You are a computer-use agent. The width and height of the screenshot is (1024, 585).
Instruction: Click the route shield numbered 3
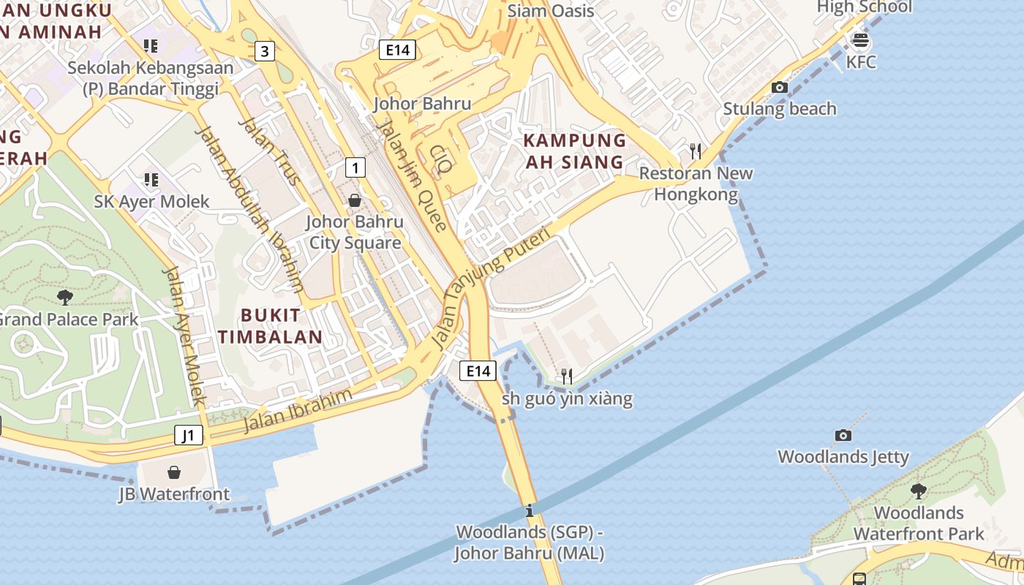point(265,51)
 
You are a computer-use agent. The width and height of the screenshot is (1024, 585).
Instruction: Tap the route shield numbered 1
point(355,168)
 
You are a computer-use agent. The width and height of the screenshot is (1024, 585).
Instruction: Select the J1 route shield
point(189,436)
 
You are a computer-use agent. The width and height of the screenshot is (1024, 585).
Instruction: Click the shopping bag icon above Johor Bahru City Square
point(355,200)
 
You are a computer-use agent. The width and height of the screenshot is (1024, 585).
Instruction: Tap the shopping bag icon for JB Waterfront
point(174,472)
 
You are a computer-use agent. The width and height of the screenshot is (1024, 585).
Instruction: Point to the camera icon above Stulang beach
point(780,88)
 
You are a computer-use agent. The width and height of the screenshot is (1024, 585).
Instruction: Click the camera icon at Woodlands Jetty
point(843,435)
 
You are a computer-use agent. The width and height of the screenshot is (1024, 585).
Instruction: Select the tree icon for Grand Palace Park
point(65,297)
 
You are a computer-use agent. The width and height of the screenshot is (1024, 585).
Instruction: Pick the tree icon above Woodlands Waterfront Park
point(919,491)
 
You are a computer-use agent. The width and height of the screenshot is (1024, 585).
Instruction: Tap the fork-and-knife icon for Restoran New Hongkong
point(696,151)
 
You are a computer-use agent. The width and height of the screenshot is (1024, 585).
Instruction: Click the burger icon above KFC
point(861,39)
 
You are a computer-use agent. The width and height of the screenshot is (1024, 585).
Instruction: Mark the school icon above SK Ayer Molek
point(151,179)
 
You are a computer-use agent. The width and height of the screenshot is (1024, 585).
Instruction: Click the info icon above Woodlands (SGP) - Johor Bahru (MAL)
point(530,510)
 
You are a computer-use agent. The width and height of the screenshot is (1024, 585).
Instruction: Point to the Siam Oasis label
point(551,11)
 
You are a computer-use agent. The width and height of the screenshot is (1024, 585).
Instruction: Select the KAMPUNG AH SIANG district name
point(576,151)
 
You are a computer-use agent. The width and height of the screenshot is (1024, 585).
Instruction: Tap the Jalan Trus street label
point(268,151)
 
